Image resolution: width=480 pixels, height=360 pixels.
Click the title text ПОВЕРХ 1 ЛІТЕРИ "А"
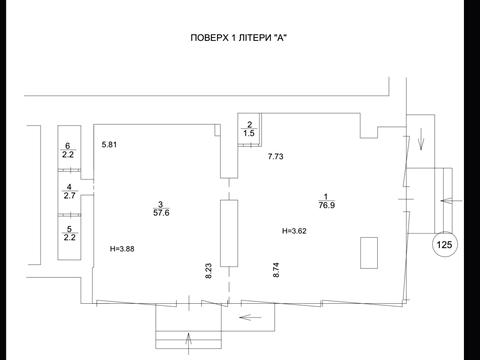coord(239,38)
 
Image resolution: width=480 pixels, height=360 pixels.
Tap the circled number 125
coord(444,245)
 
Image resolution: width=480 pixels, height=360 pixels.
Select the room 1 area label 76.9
coord(327,205)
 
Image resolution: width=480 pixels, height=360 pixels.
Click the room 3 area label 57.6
coord(161,213)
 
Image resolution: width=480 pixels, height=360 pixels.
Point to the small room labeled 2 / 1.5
coord(249,129)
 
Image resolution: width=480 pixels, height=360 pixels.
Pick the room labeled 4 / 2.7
coord(69,192)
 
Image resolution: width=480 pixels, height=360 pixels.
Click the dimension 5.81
coord(109,145)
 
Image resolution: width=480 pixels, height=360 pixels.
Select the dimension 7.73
coord(276,156)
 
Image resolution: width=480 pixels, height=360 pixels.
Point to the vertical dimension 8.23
coord(209,271)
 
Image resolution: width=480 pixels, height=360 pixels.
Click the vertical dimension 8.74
coord(276,270)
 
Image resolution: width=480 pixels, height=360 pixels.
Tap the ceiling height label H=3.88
coord(122,249)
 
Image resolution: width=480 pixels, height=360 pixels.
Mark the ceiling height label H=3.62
coord(294,231)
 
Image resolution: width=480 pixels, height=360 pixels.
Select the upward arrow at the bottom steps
coord(189,343)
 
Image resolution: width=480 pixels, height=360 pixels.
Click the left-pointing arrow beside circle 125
coord(452,201)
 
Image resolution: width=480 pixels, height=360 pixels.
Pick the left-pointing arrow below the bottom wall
coord(251,317)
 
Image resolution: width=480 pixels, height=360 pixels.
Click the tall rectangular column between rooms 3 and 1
coord(229,233)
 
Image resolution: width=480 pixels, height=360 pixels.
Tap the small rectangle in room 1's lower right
coord(369,253)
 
